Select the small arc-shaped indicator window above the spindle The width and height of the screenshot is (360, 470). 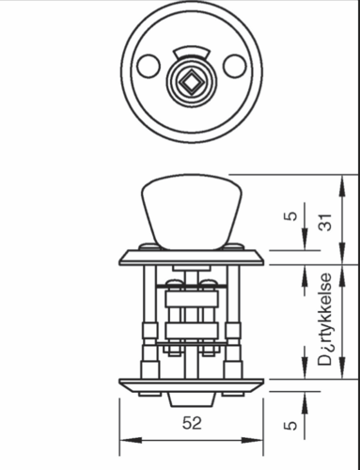tap(190, 51)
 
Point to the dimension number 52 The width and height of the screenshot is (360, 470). tap(191, 423)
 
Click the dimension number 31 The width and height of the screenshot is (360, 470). tap(325, 224)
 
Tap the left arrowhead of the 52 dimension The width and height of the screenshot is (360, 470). tap(126, 439)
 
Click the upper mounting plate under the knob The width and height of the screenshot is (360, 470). tap(191, 255)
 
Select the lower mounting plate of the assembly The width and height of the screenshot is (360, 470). tap(191, 384)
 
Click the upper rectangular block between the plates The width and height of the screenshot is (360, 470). tap(191, 300)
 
